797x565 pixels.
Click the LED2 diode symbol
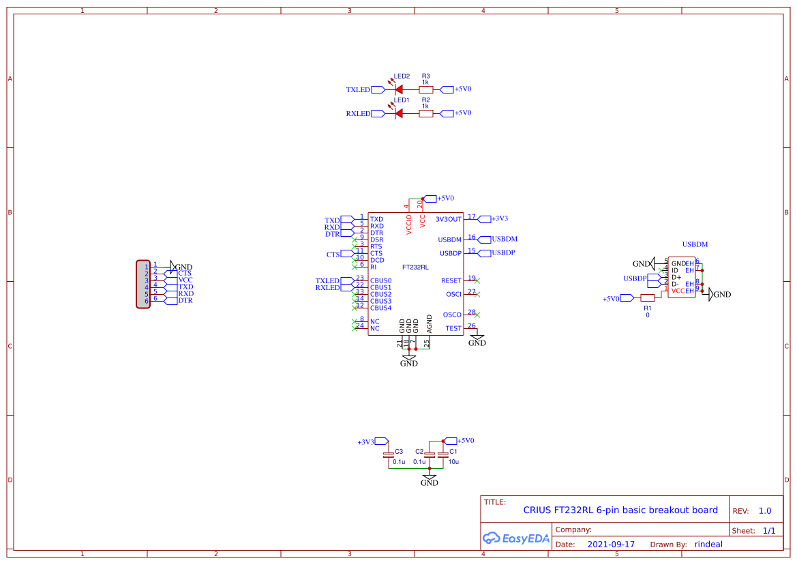398,89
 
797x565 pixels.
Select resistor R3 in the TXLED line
425,89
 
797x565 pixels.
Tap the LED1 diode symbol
398,113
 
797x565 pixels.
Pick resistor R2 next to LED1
425,113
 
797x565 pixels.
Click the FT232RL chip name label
415,267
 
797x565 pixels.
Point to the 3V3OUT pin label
449,219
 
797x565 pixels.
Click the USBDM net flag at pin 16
504,240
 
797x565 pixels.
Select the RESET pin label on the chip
451,280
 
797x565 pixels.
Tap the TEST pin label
453,328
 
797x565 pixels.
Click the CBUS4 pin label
380,308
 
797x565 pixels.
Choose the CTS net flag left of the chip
333,254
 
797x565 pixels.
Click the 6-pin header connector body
143,284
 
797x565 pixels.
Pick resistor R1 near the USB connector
648,298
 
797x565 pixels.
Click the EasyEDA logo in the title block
516,538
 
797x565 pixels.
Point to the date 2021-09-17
611,545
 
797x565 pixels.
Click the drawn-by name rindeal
708,545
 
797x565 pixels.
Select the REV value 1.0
765,510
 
